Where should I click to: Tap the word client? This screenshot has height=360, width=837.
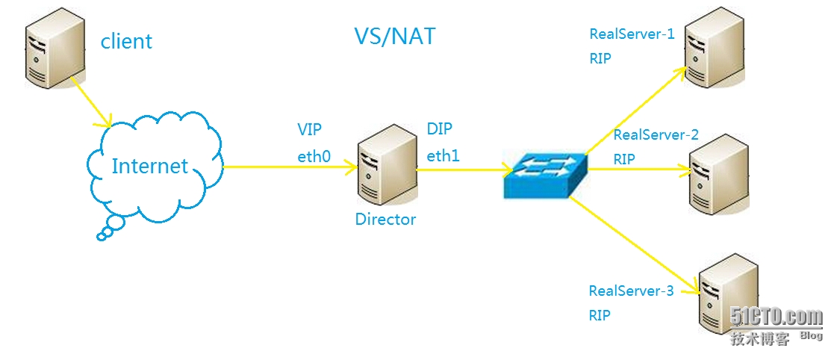pos(126,41)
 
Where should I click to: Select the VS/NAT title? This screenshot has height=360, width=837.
pos(394,36)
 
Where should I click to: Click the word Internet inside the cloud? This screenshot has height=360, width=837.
pos(149,166)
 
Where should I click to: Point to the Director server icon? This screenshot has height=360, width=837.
pos(385,169)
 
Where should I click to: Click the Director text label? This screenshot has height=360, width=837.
pos(385,220)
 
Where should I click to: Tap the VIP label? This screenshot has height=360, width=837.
pos(309,130)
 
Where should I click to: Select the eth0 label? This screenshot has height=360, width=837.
pos(314,156)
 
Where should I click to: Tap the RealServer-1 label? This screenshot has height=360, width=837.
pos(632,34)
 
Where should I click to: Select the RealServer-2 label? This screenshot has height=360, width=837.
pos(656,135)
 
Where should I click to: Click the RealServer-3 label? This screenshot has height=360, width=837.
pos(631,291)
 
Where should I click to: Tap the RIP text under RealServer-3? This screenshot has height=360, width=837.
pos(600,315)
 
